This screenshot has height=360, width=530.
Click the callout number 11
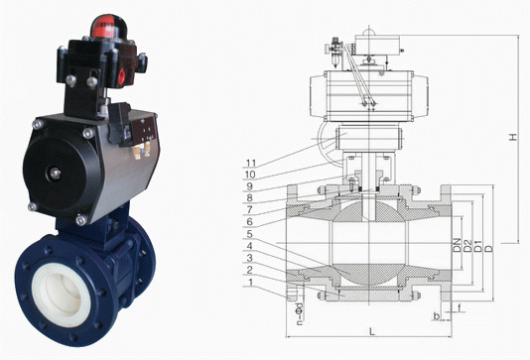(x=251, y=164)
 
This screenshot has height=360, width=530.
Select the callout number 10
(x=250, y=175)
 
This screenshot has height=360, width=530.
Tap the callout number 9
(x=249, y=186)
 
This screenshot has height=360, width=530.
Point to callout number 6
(x=249, y=221)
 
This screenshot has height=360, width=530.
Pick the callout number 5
(x=249, y=234)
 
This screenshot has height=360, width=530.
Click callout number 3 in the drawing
(x=249, y=259)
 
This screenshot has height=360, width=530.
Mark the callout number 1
(x=250, y=283)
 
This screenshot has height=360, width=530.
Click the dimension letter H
(x=513, y=137)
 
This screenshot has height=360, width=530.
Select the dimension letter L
(x=372, y=331)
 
